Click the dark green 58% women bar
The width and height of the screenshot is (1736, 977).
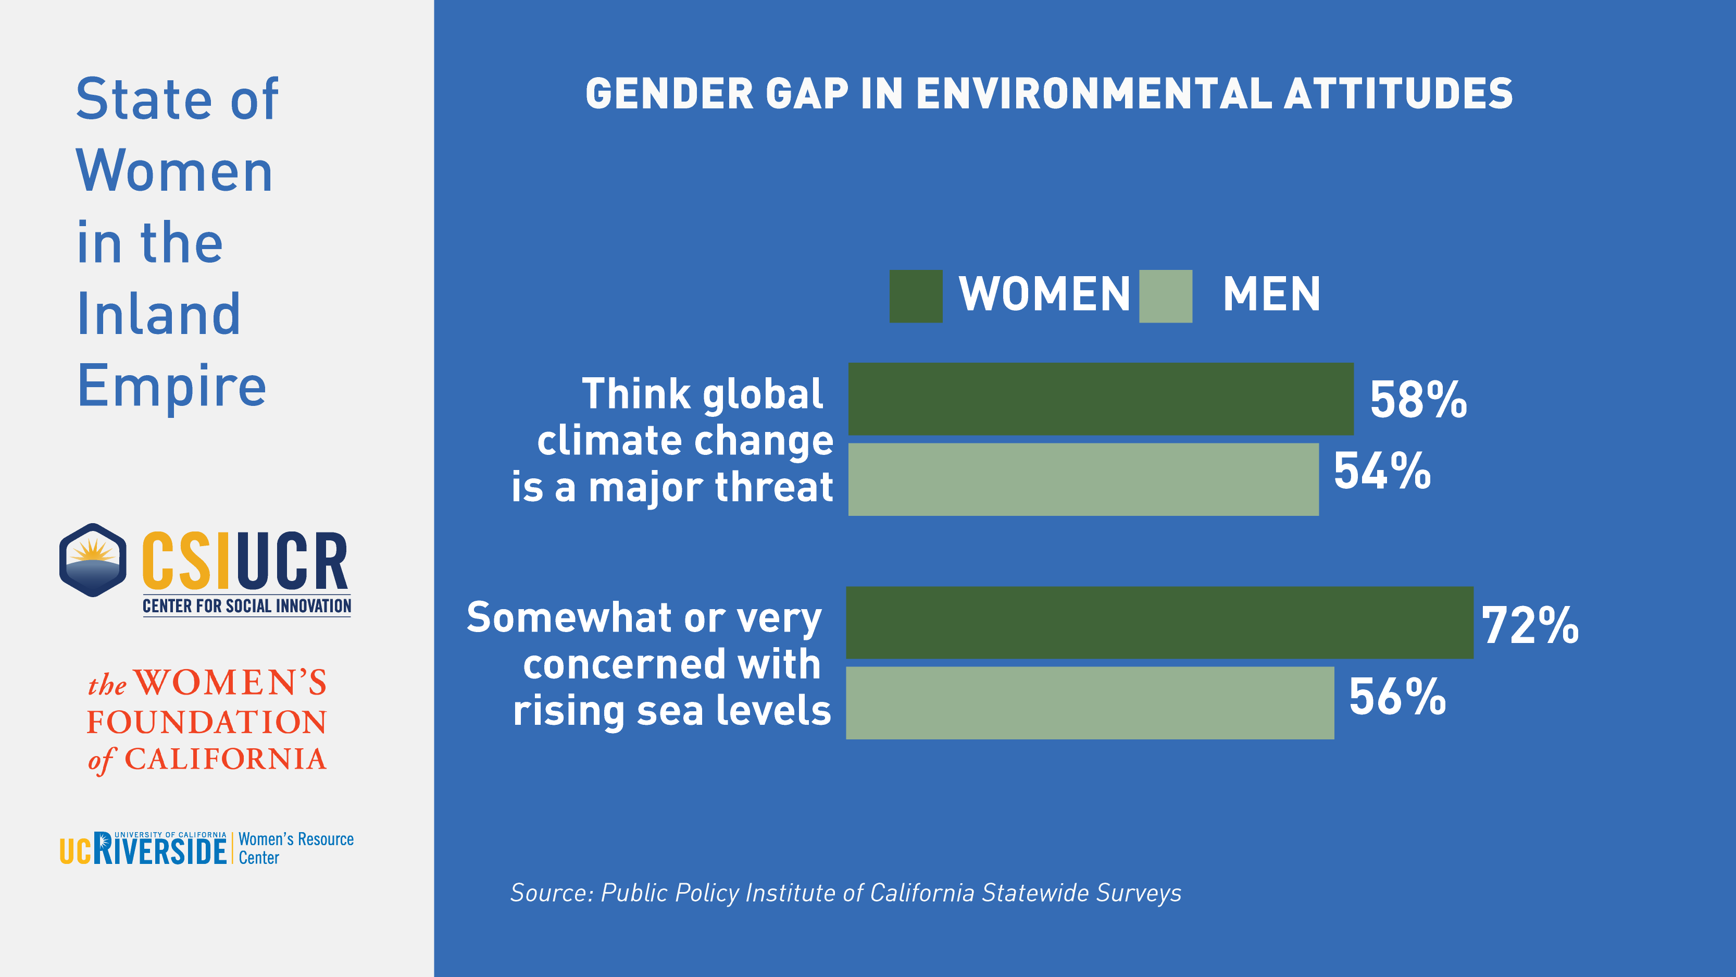point(1101,399)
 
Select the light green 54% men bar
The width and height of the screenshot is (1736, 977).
point(1083,479)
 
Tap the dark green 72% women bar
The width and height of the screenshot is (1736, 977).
point(1159,622)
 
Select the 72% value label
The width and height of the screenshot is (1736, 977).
point(1530,626)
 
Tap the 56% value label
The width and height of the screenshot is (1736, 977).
point(1397,697)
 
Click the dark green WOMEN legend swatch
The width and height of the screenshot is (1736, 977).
point(916,296)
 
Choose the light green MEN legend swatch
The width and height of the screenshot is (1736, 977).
point(1165,296)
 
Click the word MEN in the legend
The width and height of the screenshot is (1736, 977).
point(1271,294)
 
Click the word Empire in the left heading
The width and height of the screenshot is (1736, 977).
point(172,386)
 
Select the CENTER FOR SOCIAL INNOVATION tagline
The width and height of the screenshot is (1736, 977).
point(247,606)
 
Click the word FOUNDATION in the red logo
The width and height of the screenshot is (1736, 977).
point(207,722)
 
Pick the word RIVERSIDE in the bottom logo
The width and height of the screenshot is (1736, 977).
point(160,849)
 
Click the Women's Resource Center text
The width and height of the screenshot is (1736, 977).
point(295,848)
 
